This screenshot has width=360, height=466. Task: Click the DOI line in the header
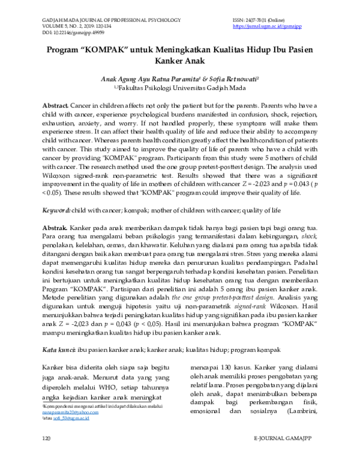click(70, 33)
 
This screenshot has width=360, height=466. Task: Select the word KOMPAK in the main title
click(112, 50)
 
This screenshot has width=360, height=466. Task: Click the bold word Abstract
click(55, 104)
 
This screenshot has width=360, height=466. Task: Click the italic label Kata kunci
click(58, 349)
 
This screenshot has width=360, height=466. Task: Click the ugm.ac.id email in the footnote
click(69, 419)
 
